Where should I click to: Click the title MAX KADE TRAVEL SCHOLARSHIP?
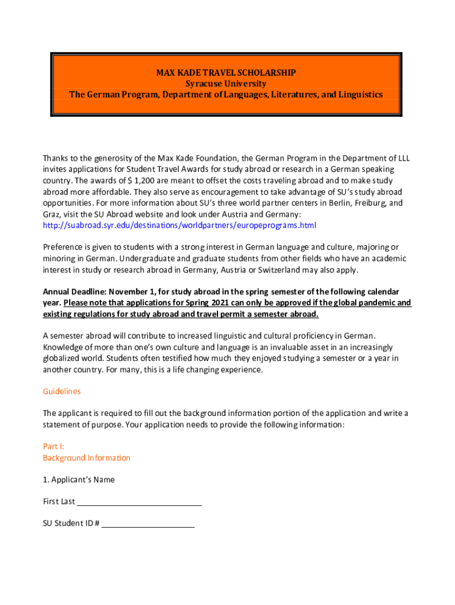pyautogui.click(x=226, y=73)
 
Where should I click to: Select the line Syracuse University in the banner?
pyautogui.click(x=226, y=83)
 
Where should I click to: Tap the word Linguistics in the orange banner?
pyautogui.click(x=361, y=95)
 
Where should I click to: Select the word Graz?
pyautogui.click(x=51, y=214)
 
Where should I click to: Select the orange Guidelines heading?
pyautogui.click(x=61, y=391)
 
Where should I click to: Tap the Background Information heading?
pyautogui.click(x=86, y=458)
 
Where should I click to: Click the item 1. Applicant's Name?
pyautogui.click(x=79, y=480)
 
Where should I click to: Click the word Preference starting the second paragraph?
pyautogui.click(x=64, y=248)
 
